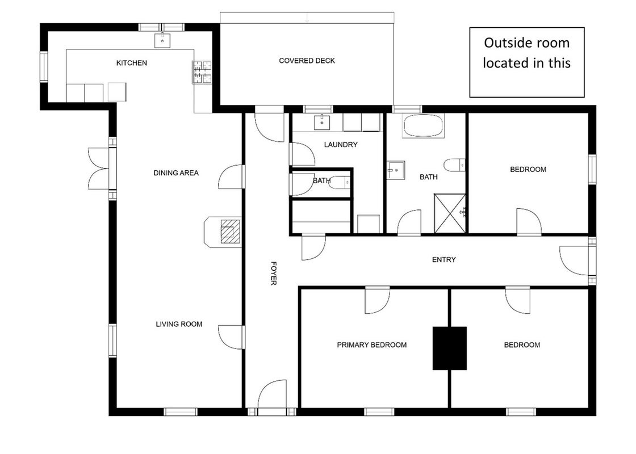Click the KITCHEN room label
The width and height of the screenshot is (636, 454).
click(131, 63)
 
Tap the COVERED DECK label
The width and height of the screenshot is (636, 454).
click(307, 61)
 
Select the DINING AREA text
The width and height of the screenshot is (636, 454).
click(176, 173)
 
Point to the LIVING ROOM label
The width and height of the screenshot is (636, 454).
click(179, 324)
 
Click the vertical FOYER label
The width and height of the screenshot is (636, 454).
click(273, 273)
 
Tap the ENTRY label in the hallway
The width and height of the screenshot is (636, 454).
click(443, 259)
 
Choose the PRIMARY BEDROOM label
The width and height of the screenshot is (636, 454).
click(371, 345)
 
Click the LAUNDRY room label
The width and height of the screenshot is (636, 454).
click(341, 144)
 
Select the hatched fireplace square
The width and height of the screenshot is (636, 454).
click(231, 232)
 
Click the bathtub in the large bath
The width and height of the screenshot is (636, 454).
click(423, 125)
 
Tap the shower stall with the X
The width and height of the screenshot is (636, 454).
click(450, 213)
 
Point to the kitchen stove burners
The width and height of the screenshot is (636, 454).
click(202, 72)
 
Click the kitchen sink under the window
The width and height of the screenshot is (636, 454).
click(162, 40)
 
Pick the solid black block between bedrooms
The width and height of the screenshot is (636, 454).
click(449, 348)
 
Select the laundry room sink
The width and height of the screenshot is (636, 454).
click(321, 122)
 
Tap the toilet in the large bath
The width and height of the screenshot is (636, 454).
click(454, 165)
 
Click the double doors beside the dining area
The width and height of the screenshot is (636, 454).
click(99, 168)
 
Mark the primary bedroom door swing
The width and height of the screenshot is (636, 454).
click(377, 300)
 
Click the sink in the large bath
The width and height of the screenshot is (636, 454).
click(395, 170)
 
